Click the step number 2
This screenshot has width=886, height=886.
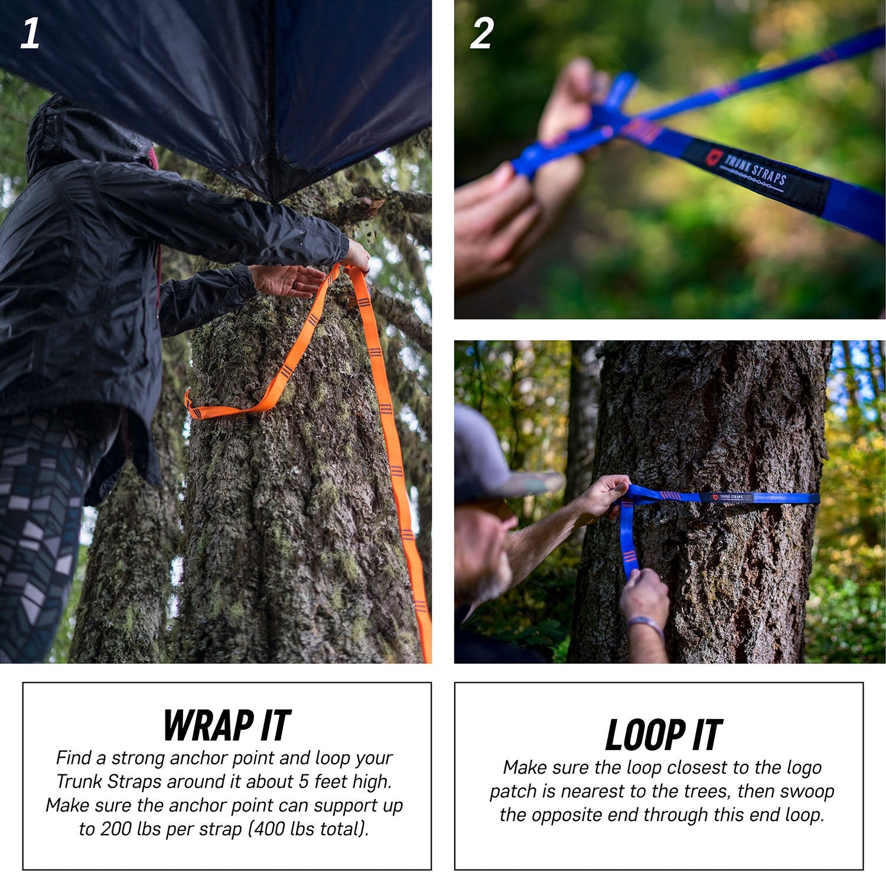coord(481,34)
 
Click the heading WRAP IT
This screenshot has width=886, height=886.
coord(227,725)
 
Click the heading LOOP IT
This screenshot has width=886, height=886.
coord(663,735)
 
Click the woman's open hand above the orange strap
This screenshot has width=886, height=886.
coord(289,280)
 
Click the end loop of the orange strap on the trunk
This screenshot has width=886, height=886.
coord(195,409)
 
